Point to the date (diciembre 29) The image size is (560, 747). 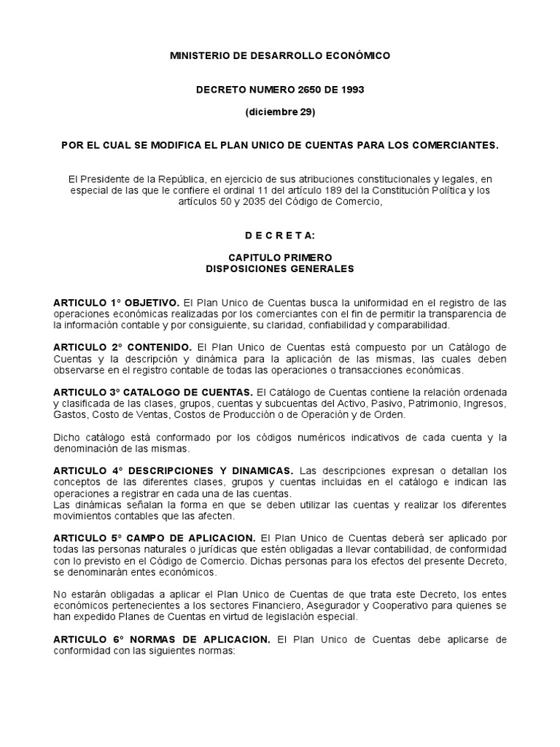click(279, 112)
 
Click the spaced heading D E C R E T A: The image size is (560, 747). click(279, 236)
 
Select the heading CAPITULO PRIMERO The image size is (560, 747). click(280, 258)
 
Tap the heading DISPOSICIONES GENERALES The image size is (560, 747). click(280, 268)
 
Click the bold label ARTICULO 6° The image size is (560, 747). click(82, 638)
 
